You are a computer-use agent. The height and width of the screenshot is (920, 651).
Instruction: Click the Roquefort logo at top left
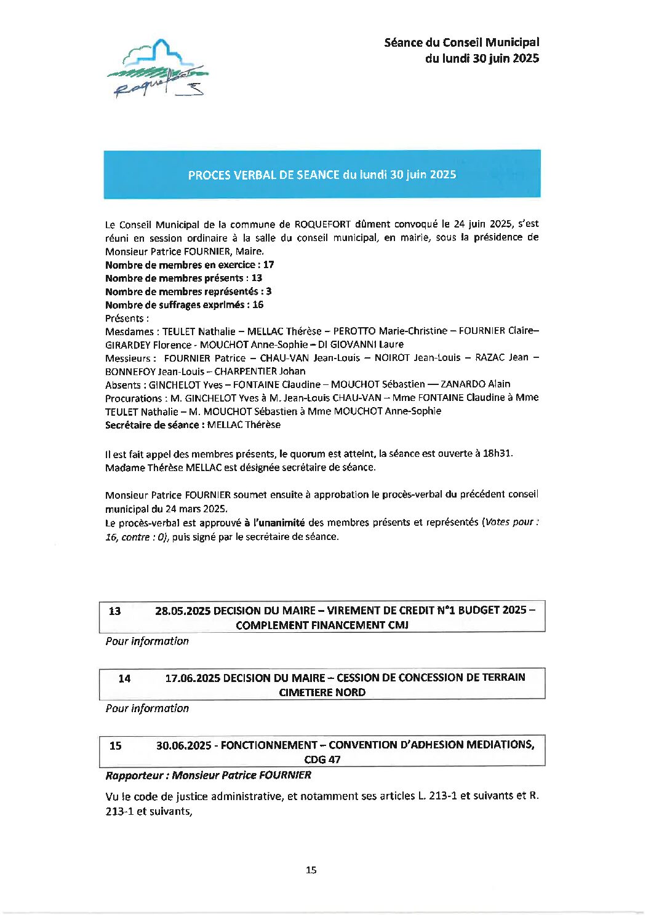click(158, 68)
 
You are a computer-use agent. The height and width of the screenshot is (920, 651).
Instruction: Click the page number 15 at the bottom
click(311, 870)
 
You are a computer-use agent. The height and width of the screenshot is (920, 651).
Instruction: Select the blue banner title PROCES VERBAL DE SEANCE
click(322, 175)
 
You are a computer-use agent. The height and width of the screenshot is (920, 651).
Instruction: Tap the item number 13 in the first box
click(114, 611)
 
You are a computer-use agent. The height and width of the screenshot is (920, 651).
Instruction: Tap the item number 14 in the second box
click(124, 678)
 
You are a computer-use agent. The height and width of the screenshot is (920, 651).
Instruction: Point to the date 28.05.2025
click(182, 611)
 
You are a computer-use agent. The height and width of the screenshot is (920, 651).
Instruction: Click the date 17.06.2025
click(192, 678)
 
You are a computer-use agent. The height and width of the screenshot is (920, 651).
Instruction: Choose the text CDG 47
click(322, 759)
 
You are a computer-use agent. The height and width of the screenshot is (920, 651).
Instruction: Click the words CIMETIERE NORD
click(322, 692)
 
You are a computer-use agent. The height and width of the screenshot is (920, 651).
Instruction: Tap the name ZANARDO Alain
click(476, 384)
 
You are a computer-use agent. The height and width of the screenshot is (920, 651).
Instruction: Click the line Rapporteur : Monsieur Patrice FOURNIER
click(208, 775)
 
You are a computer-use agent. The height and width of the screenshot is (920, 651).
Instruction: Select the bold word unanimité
click(281, 523)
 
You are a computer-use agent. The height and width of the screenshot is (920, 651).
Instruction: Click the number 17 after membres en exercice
click(268, 265)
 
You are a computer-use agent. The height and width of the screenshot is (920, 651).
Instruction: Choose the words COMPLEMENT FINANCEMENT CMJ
click(322, 625)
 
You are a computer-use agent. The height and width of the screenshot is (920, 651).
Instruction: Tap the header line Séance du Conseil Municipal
click(461, 42)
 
